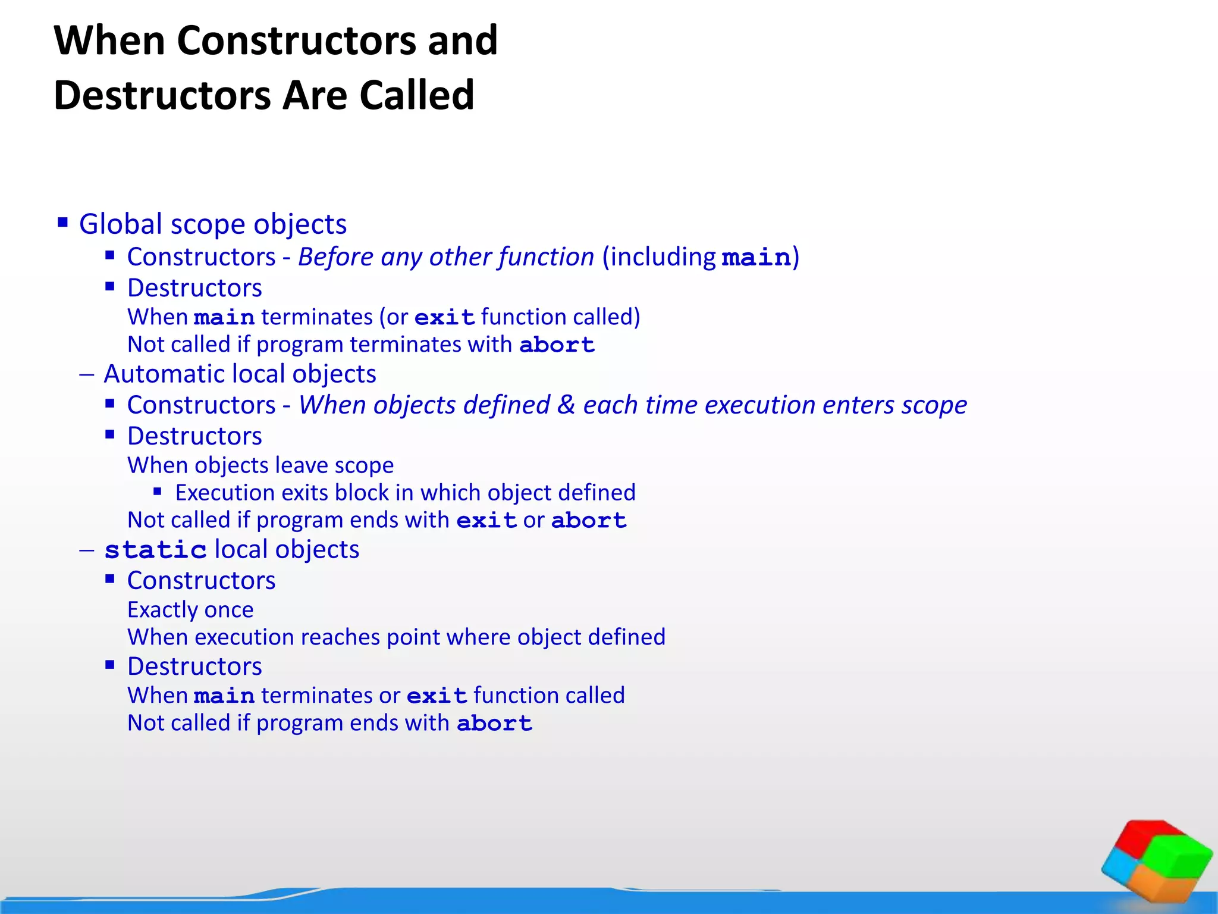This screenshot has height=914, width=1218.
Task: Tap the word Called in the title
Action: [x=416, y=95]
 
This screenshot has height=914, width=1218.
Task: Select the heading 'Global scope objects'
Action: [x=212, y=224]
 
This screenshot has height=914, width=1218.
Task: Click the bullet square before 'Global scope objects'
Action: [x=63, y=223]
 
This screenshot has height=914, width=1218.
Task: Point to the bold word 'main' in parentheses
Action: [x=756, y=258]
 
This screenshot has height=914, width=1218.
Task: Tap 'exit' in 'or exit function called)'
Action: [x=444, y=317]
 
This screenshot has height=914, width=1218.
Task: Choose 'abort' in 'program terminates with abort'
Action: [x=557, y=345]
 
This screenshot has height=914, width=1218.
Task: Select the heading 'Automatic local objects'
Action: [x=240, y=374]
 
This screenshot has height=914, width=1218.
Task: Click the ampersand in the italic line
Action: [x=566, y=405]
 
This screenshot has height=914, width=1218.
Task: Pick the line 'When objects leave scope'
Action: [x=260, y=465]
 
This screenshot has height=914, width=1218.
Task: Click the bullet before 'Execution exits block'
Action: [x=158, y=492]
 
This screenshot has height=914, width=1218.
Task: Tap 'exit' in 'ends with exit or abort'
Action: [x=486, y=521]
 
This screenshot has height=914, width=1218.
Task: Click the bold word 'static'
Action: [x=155, y=550]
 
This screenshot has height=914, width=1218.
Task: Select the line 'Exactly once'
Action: [x=190, y=610]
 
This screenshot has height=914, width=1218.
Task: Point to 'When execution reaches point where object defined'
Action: [x=396, y=637]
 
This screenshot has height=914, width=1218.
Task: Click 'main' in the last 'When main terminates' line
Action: [x=224, y=696]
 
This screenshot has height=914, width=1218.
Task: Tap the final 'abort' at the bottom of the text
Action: [x=494, y=724]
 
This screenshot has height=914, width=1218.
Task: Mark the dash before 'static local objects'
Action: [x=87, y=550]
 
